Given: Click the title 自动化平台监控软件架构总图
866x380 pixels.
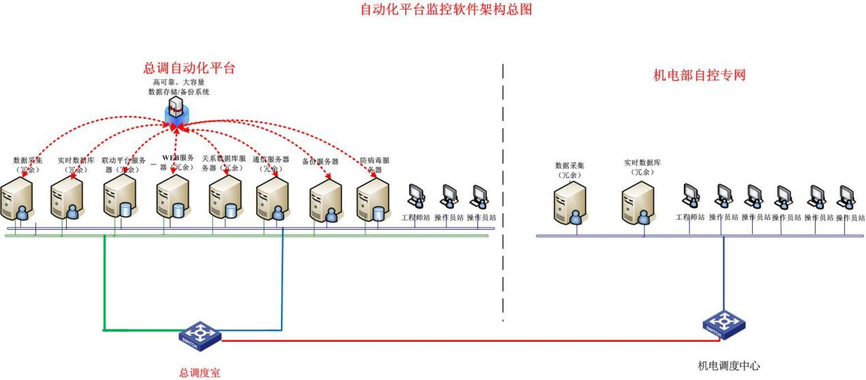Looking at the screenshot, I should [x=445, y=10].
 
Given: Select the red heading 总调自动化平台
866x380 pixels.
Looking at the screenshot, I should [x=189, y=68].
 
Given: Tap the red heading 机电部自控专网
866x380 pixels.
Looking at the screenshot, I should [x=699, y=75].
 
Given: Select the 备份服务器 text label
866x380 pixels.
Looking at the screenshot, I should [x=320, y=162].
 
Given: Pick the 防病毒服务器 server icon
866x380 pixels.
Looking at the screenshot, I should [x=373, y=201].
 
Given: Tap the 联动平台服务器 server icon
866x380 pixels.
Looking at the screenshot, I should [x=119, y=196].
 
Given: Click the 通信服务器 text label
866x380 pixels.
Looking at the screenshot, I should [x=271, y=164].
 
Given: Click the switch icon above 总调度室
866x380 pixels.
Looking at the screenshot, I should [x=200, y=334].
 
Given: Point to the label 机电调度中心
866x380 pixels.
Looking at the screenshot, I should [x=728, y=366].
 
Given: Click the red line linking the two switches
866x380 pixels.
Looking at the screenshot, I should [x=464, y=339].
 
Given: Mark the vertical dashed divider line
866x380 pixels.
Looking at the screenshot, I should [x=503, y=191].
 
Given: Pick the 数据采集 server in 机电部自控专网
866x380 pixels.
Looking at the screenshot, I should [x=570, y=203].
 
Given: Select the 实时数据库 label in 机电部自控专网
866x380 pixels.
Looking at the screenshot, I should [x=642, y=167].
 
